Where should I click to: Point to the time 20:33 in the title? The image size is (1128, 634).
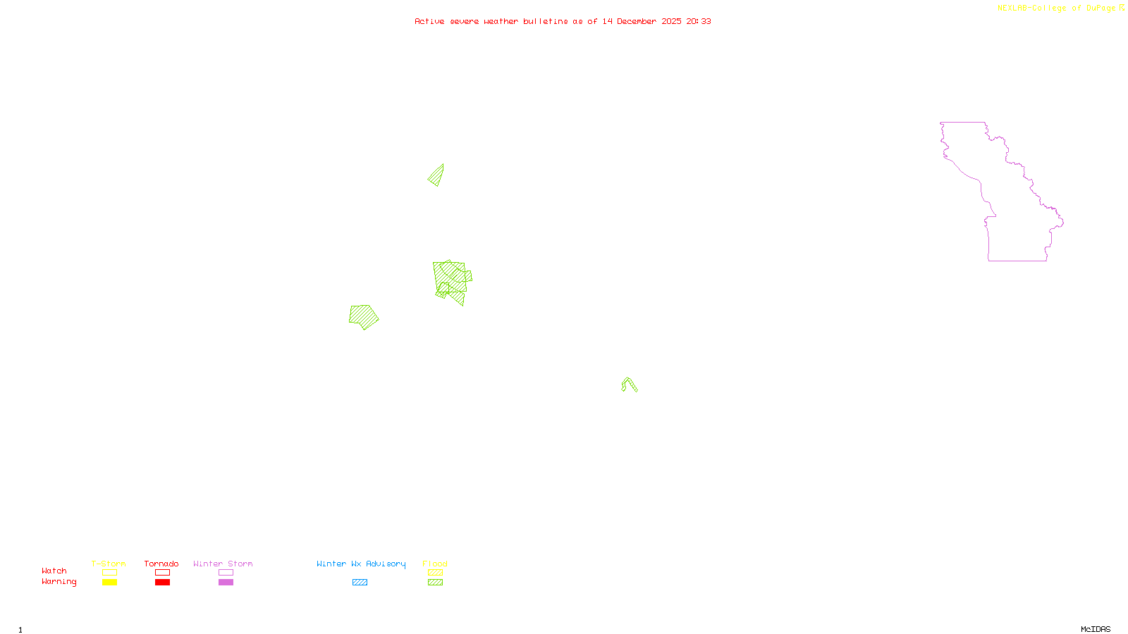coord(699,22)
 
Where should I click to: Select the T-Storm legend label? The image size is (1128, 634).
coord(109,564)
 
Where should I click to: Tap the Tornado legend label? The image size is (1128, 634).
coord(161,564)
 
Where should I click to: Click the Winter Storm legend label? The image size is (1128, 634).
coord(223,564)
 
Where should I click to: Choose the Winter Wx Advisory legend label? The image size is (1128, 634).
coord(361,564)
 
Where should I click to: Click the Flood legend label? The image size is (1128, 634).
coord(435,564)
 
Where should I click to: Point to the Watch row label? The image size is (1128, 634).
coord(54,571)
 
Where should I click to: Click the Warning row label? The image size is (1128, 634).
coord(59,582)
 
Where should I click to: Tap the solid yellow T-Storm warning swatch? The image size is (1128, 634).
coord(109,583)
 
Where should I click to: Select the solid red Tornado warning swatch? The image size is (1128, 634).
coord(162,583)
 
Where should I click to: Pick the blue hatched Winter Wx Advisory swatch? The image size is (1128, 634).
coord(360,583)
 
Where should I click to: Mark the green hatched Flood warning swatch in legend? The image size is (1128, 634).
coord(436,583)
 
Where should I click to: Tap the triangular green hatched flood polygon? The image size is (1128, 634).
coord(437,176)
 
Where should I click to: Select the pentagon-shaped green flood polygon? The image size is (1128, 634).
coord(363,316)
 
